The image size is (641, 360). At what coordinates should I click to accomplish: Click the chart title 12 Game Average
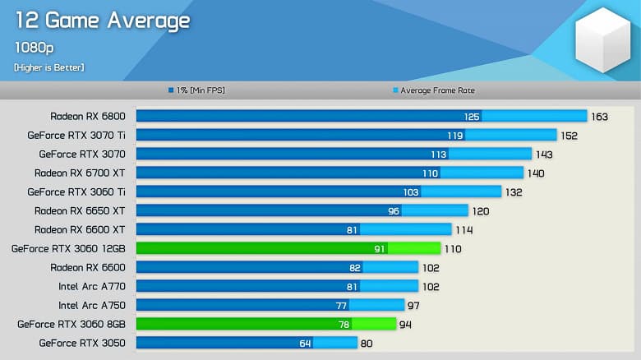click(x=102, y=21)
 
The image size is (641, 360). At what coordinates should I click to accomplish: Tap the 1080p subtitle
click(x=32, y=47)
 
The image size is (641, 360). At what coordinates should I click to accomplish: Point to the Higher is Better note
click(x=48, y=67)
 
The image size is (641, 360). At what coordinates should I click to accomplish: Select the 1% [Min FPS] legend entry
click(x=196, y=90)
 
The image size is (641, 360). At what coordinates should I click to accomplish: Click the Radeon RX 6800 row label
click(x=87, y=117)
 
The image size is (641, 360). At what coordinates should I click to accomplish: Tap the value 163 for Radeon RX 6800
click(x=599, y=117)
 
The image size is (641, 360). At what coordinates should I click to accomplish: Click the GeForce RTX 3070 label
click(x=81, y=154)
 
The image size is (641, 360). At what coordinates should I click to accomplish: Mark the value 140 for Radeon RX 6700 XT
click(x=536, y=173)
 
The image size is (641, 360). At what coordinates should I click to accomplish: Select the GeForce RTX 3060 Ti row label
click(x=76, y=192)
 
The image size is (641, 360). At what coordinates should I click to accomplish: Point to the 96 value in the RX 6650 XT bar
click(x=394, y=210)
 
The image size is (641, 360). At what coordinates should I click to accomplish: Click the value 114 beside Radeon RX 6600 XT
click(x=464, y=229)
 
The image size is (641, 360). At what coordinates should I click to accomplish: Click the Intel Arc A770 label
click(x=91, y=286)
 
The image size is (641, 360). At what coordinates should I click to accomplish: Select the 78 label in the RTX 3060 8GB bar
click(x=344, y=324)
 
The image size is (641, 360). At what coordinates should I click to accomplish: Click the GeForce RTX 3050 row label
click(x=81, y=343)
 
